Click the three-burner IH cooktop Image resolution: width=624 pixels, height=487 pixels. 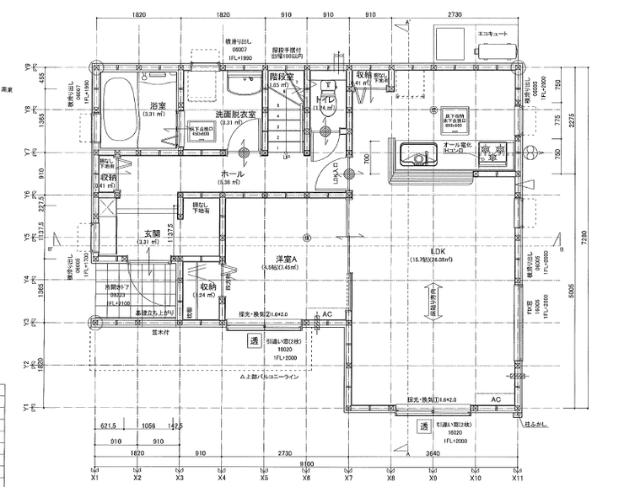[x=490, y=153]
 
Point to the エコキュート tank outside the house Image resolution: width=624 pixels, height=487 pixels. [x=449, y=40]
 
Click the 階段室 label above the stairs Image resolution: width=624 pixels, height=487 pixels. [x=281, y=76]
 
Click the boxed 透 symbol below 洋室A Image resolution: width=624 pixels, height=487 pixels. [x=252, y=341]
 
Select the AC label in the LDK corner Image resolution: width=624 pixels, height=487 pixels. [x=497, y=399]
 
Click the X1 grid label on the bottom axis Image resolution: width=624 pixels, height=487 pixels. [x=94, y=477]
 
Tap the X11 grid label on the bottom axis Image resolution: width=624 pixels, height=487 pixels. [x=517, y=477]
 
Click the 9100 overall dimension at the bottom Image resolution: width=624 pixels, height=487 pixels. [x=306, y=463]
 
